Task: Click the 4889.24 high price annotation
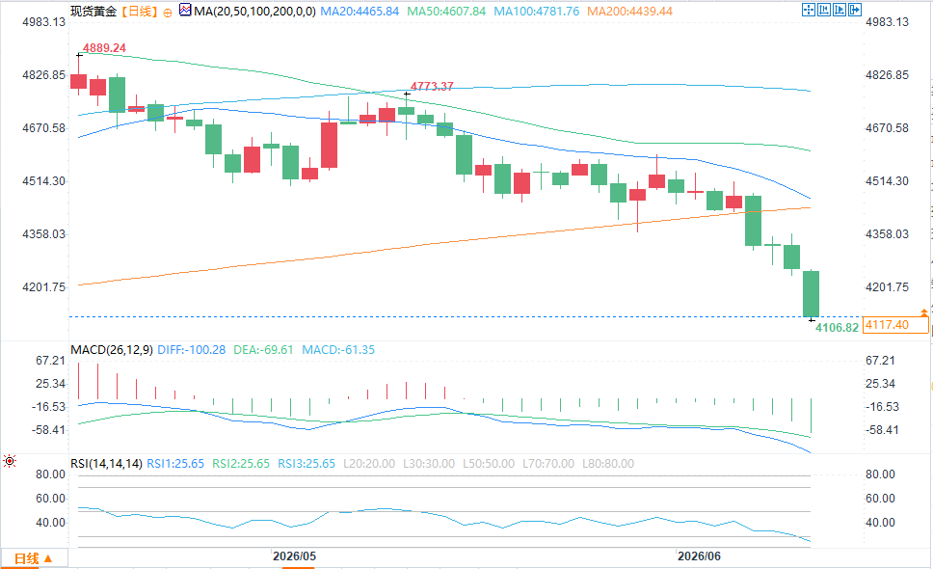[x=104, y=48]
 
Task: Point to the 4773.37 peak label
[x=432, y=86]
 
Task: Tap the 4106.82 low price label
[x=837, y=328]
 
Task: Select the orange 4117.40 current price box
[x=894, y=325]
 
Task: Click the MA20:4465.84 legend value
[x=360, y=12]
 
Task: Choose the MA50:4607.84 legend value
[x=446, y=12]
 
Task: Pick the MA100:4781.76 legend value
[x=536, y=12]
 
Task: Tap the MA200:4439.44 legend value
[x=629, y=12]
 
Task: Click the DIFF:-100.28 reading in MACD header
[x=192, y=350]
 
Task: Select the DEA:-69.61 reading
[x=263, y=350]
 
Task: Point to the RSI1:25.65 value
[x=175, y=464]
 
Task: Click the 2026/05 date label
[x=295, y=556]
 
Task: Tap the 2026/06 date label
[x=699, y=556]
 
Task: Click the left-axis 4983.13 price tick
[x=44, y=22]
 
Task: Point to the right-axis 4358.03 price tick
[x=887, y=234]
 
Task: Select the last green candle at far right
[x=811, y=294]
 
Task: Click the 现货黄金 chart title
[x=93, y=12]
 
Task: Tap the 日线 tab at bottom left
[x=34, y=559]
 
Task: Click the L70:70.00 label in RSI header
[x=548, y=464]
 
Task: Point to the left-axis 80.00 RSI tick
[x=50, y=474]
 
